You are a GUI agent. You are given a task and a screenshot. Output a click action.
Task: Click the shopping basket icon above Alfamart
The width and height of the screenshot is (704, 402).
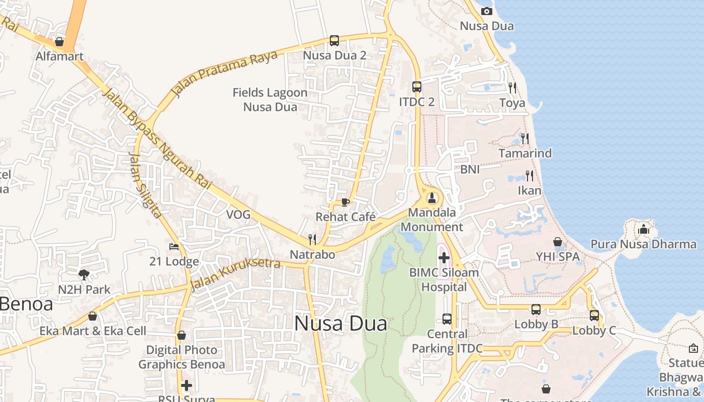point(59,42)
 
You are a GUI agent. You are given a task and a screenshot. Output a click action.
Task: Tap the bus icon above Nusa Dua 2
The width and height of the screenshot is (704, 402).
point(334,41)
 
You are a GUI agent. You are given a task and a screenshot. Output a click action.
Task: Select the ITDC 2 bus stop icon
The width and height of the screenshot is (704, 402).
point(417,87)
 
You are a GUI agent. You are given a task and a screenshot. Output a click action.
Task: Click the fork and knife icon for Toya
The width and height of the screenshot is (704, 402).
point(512,88)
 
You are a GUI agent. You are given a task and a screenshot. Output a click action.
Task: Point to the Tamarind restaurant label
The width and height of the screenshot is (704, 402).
point(525,153)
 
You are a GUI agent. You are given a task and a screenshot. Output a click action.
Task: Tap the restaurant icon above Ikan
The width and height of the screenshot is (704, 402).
point(529,175)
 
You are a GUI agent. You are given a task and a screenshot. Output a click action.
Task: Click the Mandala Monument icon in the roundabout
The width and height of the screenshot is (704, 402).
point(431,197)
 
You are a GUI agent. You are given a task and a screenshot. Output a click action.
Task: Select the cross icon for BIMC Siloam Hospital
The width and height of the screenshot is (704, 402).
point(444,258)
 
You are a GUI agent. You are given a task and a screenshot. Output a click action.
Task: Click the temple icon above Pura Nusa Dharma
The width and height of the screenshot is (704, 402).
point(644,230)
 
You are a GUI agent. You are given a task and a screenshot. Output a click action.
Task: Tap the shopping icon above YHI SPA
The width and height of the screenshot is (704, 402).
point(558,242)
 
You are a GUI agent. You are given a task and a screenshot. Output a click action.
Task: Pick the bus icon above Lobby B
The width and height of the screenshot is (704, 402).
point(536,310)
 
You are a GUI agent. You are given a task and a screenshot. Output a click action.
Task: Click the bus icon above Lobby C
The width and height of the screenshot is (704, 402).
point(594,316)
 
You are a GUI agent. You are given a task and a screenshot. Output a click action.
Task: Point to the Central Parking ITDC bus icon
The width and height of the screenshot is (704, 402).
point(447,319)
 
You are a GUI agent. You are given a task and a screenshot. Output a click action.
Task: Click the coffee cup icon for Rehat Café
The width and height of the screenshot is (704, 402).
point(345,202)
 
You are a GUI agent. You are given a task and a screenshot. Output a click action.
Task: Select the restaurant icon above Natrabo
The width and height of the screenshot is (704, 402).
point(312,239)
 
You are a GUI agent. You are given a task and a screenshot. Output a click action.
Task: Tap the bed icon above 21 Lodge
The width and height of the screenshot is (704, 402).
point(174,247)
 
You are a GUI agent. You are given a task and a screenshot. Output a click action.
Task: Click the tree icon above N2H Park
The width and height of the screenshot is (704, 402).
point(84,274)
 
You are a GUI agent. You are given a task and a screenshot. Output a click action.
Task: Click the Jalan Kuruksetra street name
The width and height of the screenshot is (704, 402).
point(235,274)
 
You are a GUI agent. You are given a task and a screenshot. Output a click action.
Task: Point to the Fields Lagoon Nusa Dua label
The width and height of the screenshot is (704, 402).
point(270,99)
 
